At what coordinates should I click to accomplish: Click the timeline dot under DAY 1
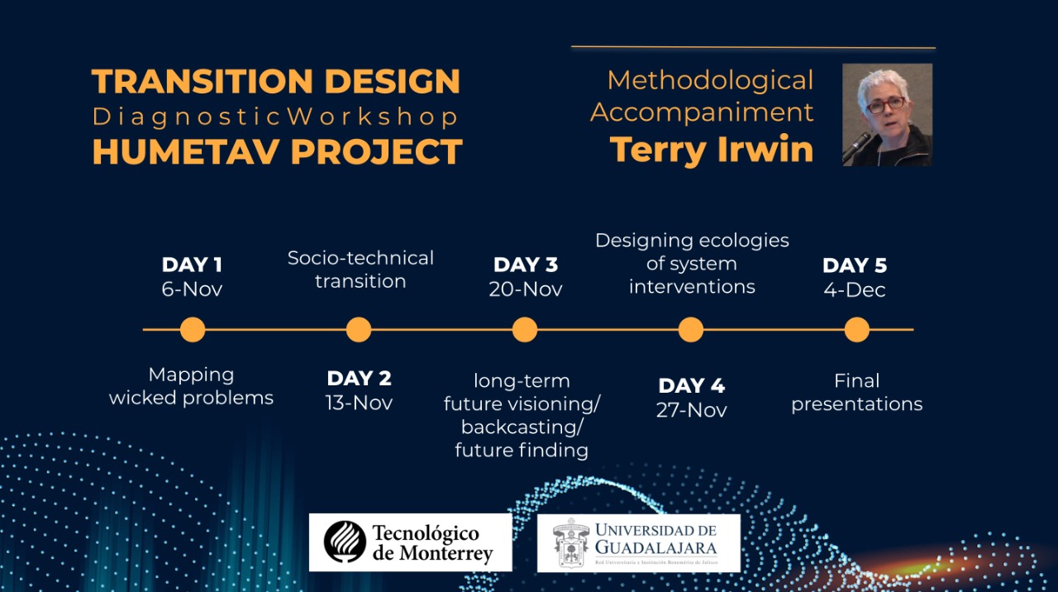click(x=193, y=329)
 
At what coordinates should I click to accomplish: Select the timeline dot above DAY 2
click(x=359, y=329)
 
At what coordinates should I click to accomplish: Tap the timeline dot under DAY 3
click(x=525, y=329)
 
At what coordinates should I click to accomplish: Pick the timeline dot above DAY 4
click(x=691, y=329)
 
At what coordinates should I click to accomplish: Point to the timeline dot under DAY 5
click(x=857, y=329)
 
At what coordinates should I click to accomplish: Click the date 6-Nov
click(x=192, y=289)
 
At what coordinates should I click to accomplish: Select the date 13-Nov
click(x=359, y=403)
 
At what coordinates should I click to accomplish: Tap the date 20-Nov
click(x=526, y=289)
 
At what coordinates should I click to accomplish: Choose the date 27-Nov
click(x=692, y=409)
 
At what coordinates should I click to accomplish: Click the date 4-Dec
click(x=855, y=289)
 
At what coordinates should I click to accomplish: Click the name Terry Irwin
click(x=712, y=150)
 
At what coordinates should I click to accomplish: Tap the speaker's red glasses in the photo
click(x=887, y=104)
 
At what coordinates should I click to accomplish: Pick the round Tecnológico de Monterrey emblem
click(x=345, y=542)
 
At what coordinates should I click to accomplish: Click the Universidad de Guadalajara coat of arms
click(x=570, y=543)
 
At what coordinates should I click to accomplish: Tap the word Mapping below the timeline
click(x=191, y=375)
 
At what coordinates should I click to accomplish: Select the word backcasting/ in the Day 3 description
click(x=522, y=427)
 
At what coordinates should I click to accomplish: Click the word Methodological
click(x=710, y=80)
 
